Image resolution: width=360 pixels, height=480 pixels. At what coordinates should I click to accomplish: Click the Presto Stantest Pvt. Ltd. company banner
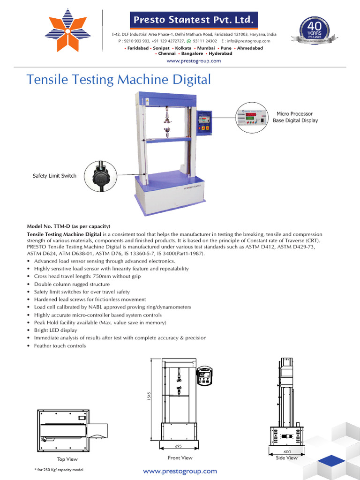pyautogui.click(x=194, y=20)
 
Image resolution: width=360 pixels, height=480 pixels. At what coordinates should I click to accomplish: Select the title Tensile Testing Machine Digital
pyautogui.click(x=119, y=79)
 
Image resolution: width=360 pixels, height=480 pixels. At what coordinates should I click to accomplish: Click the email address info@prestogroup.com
pyautogui.click(x=251, y=41)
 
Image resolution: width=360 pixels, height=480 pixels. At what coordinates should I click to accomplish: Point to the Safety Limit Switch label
pyautogui.click(x=54, y=176)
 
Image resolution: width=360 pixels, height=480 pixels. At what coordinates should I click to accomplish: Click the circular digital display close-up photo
pyautogui.click(x=250, y=118)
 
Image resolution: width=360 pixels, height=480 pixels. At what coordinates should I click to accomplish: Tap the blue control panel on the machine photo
pyautogui.click(x=204, y=122)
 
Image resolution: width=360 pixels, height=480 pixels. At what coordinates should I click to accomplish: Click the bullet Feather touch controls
pyautogui.click(x=60, y=345)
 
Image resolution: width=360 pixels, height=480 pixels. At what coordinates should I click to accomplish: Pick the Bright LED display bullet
pyautogui.click(x=56, y=330)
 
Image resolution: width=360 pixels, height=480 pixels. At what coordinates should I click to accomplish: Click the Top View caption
pyautogui.click(x=67, y=459)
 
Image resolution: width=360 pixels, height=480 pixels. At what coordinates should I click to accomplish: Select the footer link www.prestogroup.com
pyautogui.click(x=180, y=471)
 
